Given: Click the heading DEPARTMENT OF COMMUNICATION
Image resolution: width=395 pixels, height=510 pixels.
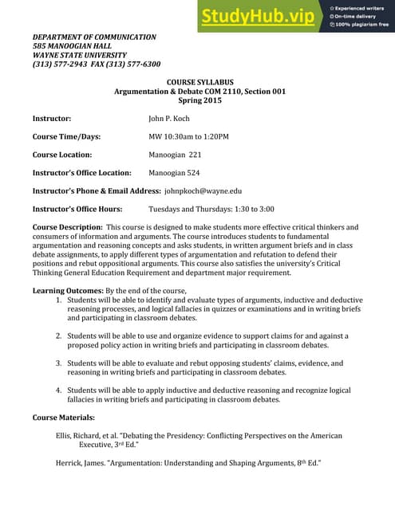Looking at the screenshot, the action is [x=94, y=37].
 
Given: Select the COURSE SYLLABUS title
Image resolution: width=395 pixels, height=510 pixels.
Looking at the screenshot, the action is [x=197, y=82].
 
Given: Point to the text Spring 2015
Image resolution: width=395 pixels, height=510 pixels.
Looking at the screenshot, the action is [x=197, y=101].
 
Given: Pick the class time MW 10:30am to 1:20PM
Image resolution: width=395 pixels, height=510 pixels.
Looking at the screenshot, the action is [x=188, y=137].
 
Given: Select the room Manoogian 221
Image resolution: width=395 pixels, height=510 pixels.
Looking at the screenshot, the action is [x=175, y=155].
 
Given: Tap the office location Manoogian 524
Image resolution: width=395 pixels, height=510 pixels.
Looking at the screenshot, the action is [x=175, y=173].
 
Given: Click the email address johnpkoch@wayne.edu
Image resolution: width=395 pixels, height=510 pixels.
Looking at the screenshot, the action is [x=203, y=191].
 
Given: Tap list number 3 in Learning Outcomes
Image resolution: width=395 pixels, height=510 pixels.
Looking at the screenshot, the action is [x=59, y=363].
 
